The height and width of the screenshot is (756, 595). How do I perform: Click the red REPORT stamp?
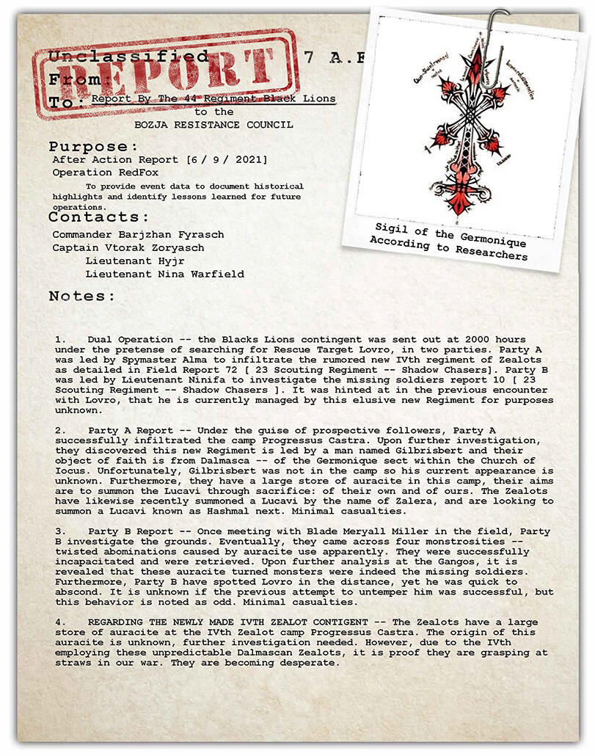[166, 73]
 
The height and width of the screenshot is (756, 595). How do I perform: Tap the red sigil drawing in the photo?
[470, 128]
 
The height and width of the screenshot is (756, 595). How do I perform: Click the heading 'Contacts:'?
[99, 217]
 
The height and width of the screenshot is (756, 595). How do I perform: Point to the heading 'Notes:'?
[82, 296]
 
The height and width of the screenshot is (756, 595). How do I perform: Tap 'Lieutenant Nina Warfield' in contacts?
[165, 275]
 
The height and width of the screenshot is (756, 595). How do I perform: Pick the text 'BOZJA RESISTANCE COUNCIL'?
[213, 125]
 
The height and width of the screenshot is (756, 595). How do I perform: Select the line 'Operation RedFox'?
[105, 173]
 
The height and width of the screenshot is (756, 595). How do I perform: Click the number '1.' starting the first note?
[61, 340]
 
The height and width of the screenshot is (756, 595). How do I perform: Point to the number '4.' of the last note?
[61, 622]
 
